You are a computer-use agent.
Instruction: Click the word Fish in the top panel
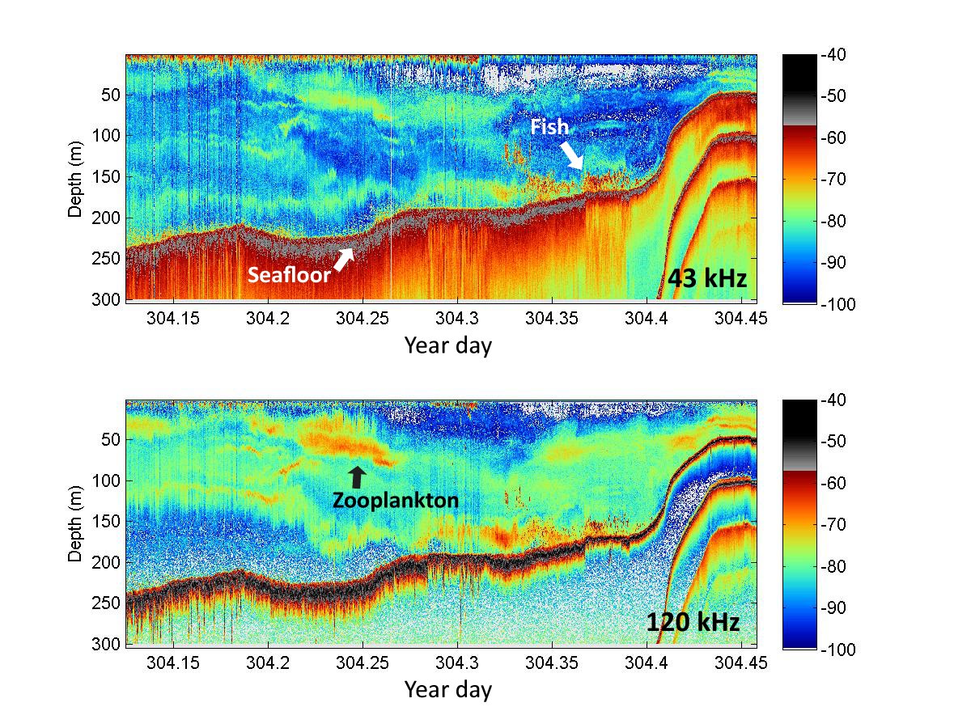[x=549, y=127]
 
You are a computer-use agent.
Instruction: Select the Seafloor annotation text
[x=289, y=275]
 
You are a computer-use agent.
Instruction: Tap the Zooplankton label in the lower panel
[x=395, y=501]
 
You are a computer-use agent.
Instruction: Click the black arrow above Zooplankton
[x=357, y=476]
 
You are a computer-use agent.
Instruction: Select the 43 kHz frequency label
[x=706, y=278]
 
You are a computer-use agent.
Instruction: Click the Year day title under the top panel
[x=447, y=345]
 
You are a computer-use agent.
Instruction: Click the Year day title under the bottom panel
[x=447, y=690]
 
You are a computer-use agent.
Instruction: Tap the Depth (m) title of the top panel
[x=74, y=178]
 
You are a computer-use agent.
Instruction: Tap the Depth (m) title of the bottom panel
[x=74, y=523]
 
